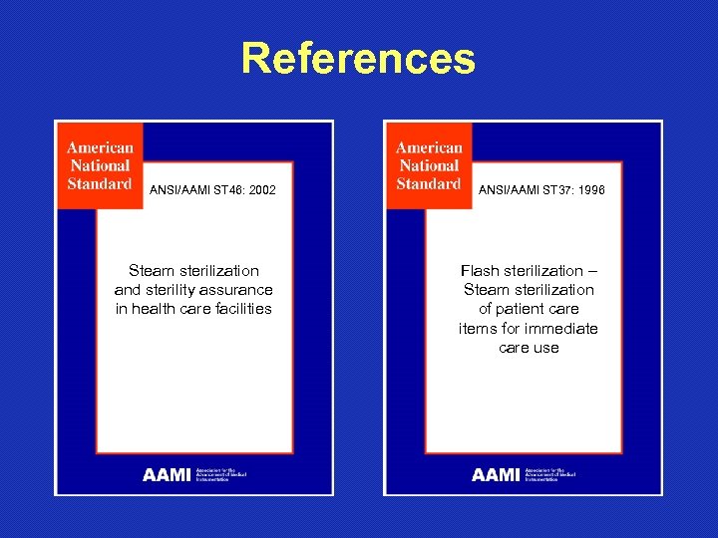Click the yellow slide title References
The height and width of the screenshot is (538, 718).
(358, 59)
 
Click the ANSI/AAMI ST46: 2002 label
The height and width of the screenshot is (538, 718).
(212, 189)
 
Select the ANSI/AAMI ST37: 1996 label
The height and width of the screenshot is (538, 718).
(541, 189)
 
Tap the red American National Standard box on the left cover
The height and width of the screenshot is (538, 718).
(100, 165)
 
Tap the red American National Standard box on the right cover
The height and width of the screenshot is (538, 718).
(429, 165)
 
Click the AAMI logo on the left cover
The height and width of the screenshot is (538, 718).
(167, 475)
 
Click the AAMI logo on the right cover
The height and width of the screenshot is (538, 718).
(496, 475)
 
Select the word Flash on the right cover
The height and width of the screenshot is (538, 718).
(480, 271)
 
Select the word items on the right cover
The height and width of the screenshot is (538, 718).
(476, 329)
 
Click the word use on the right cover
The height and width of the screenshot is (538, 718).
(546, 348)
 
